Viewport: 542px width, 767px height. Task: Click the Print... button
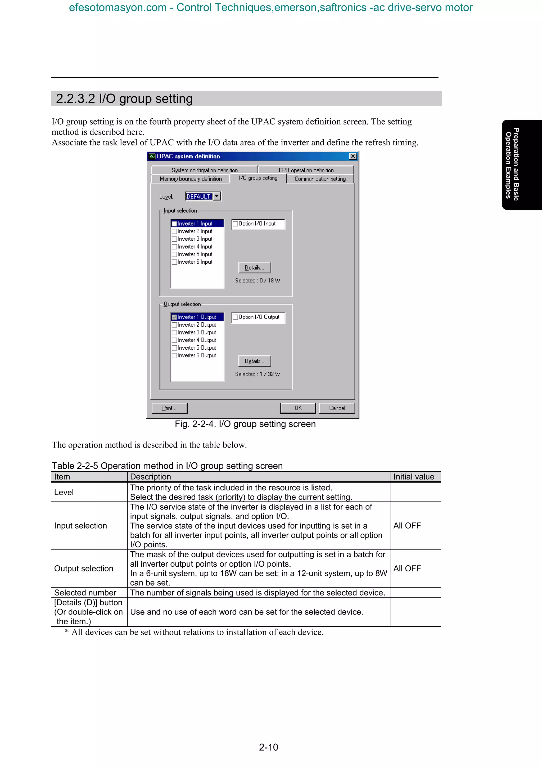pos(169,408)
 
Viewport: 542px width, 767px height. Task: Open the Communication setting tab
pos(320,179)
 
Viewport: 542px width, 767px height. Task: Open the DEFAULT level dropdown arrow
pos(217,196)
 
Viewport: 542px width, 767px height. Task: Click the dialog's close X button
pos(353,156)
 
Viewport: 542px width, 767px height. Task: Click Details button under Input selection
pos(255,268)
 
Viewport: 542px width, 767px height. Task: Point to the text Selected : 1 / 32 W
pos(258,374)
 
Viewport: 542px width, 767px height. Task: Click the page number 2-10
pos(269,747)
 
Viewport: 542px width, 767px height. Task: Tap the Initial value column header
pos(413,477)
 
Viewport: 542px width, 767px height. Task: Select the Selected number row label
pos(85,593)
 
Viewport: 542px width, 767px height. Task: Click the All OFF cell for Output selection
pos(407,568)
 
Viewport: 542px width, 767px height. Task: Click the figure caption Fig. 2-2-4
pos(245,424)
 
